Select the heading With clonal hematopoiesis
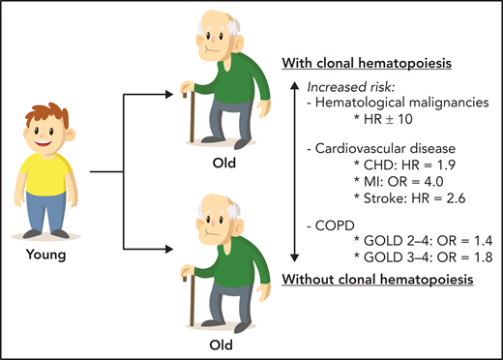[370, 64]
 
